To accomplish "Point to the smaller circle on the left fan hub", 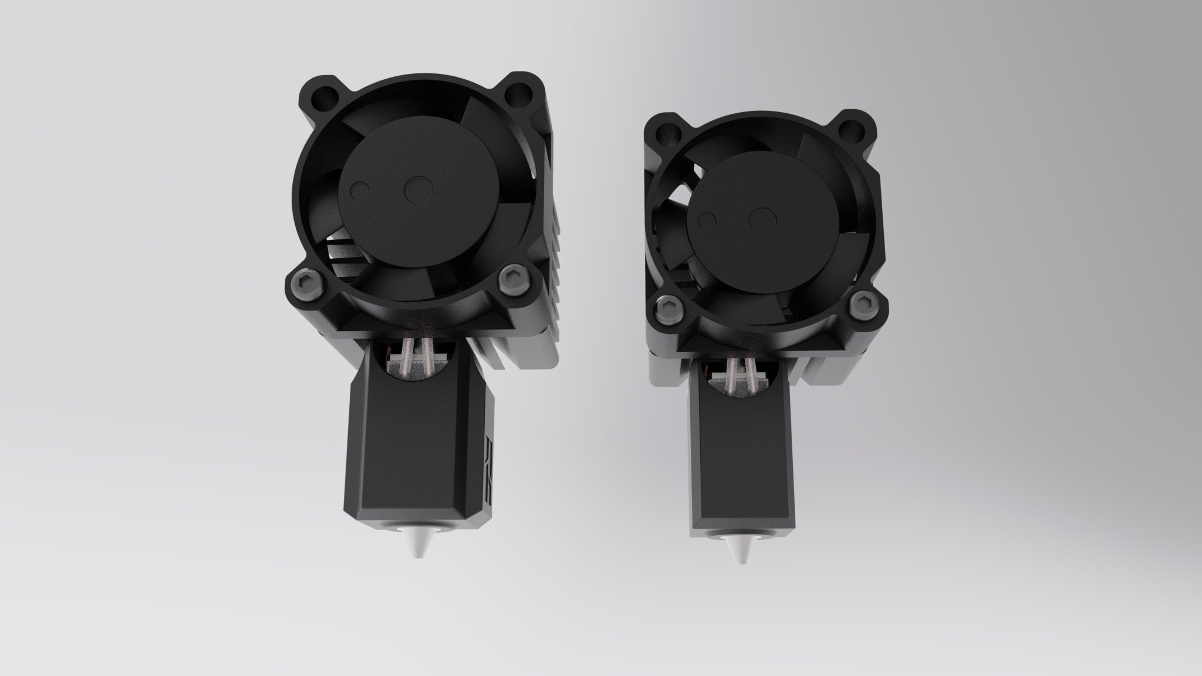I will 359,189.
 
